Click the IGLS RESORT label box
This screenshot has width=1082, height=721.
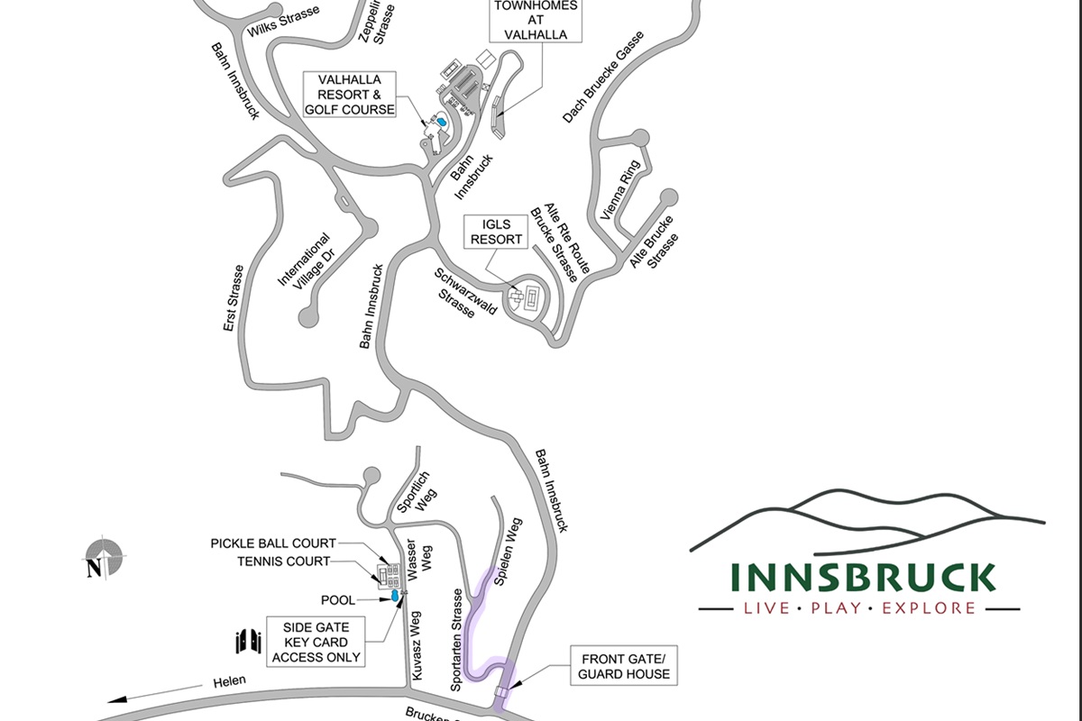click(495, 232)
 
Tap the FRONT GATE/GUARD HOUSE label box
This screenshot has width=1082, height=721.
click(625, 666)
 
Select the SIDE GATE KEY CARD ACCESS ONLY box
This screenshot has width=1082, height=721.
click(316, 642)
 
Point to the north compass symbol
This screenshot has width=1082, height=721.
click(103, 560)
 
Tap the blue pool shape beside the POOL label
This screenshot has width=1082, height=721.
click(395, 598)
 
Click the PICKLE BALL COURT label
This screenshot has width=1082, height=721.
click(273, 543)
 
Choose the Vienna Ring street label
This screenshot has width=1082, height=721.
click(620, 190)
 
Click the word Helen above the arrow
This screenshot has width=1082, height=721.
click(230, 681)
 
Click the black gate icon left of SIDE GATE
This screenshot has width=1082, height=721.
click(248, 641)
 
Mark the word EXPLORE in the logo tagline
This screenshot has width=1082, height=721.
click(929, 608)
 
